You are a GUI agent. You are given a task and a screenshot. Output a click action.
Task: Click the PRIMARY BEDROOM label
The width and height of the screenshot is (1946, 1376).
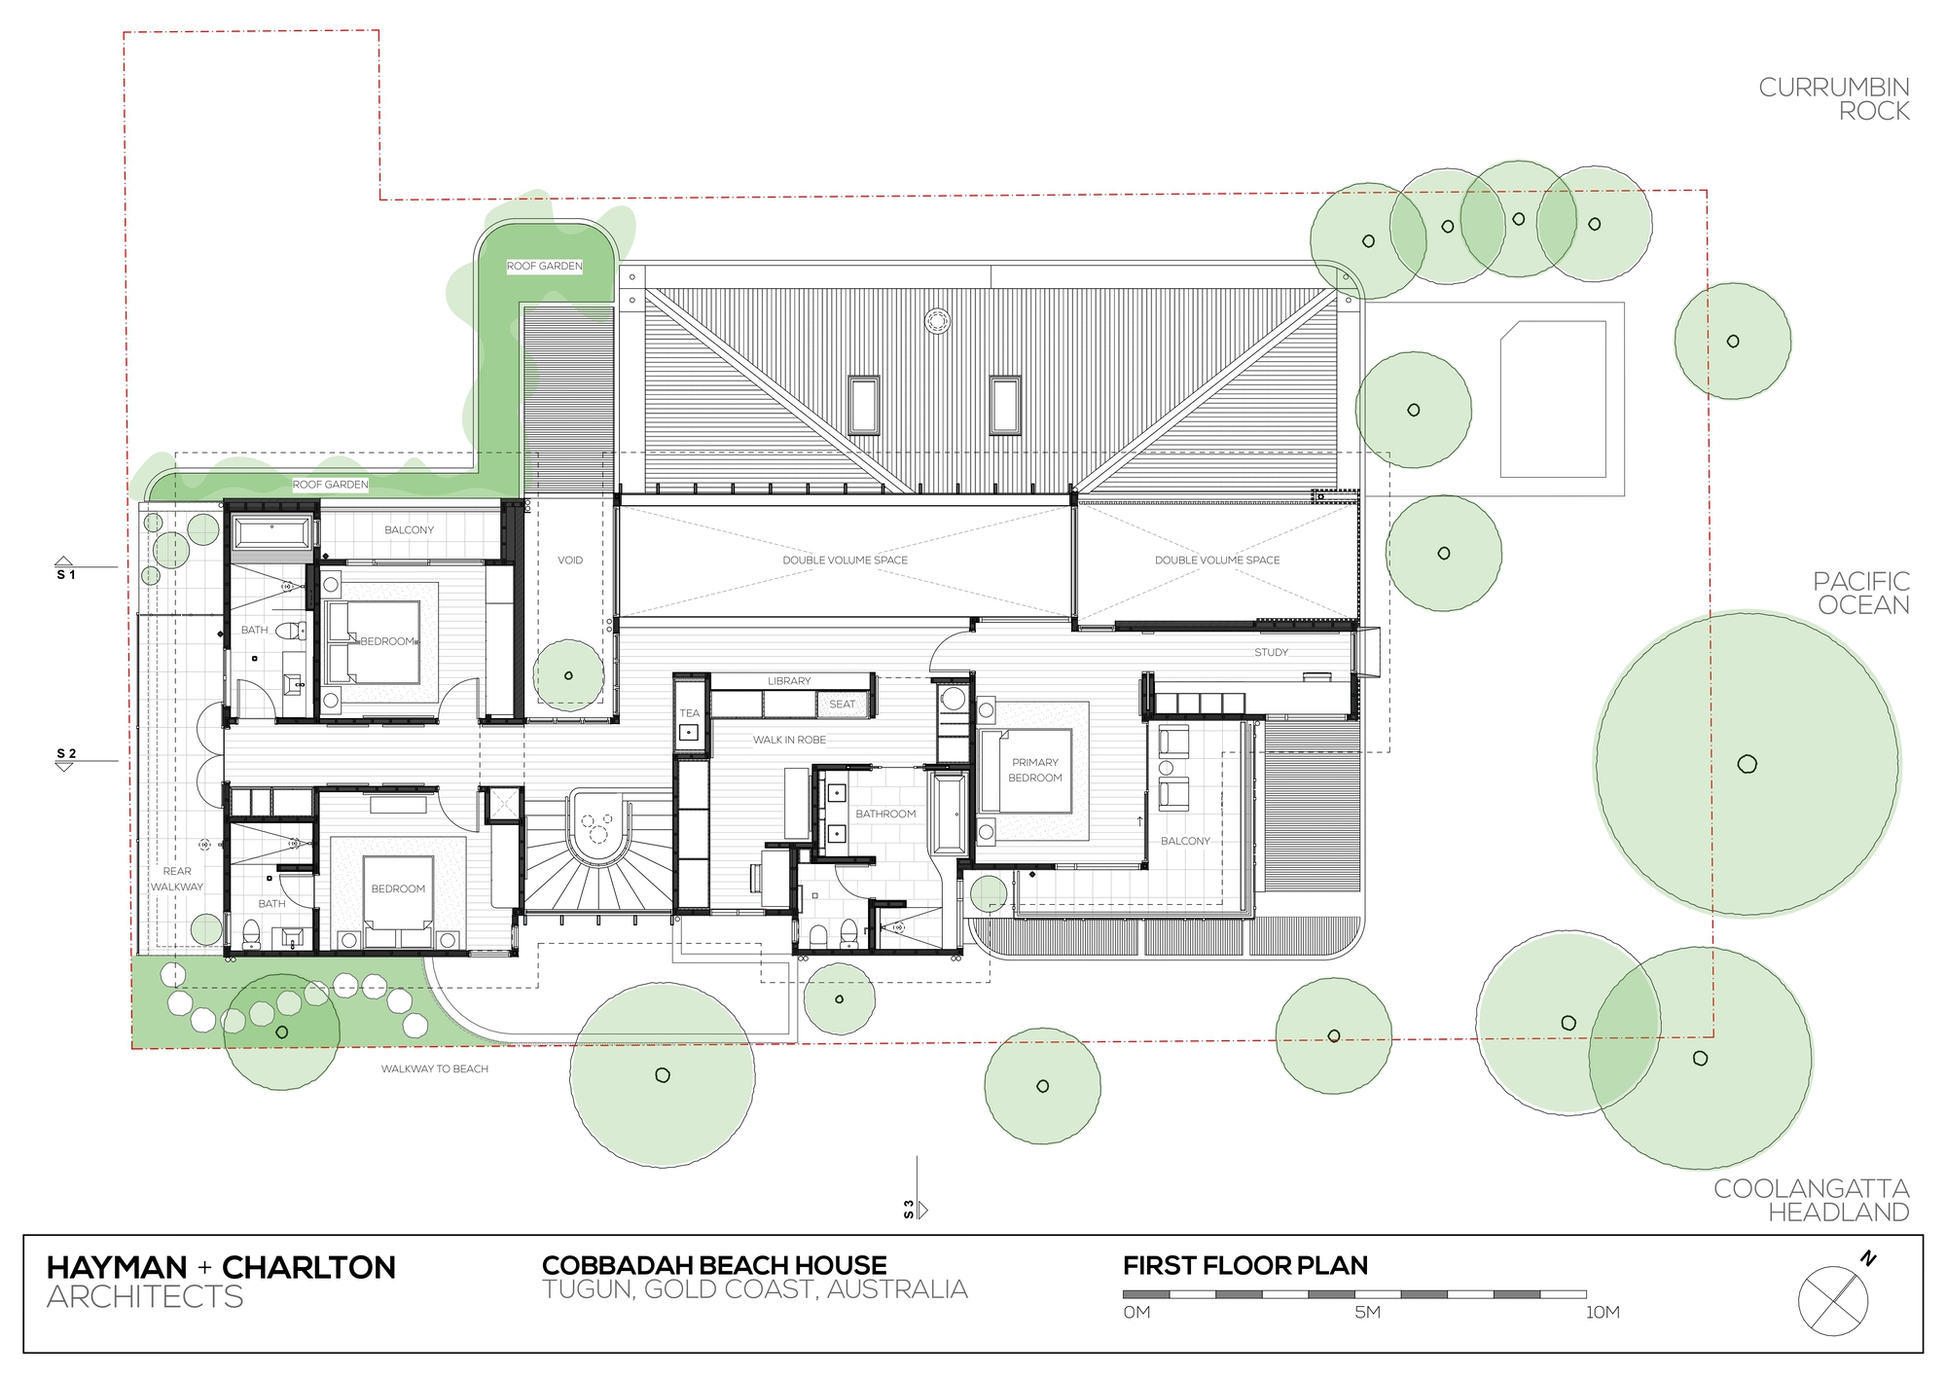pyautogui.click(x=1034, y=770)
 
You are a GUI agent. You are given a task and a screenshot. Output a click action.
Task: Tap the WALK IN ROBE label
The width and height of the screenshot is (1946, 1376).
pyautogui.click(x=789, y=740)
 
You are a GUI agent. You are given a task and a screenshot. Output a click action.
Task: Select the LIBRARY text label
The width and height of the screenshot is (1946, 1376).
pyautogui.click(x=788, y=681)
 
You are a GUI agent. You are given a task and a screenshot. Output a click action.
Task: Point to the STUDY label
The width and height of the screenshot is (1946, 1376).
pyautogui.click(x=1271, y=652)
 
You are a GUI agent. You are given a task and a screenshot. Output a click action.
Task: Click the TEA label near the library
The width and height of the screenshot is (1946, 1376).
pyautogui.click(x=689, y=713)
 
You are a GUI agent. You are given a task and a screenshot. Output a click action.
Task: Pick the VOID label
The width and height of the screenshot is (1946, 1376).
pyautogui.click(x=570, y=561)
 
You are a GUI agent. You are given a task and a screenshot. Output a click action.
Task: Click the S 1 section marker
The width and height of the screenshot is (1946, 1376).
pyautogui.click(x=65, y=570)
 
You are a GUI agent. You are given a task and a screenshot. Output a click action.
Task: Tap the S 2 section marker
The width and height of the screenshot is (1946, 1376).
pyautogui.click(x=65, y=758)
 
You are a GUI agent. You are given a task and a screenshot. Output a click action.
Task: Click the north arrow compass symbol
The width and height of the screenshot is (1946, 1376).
pyautogui.click(x=1834, y=1300)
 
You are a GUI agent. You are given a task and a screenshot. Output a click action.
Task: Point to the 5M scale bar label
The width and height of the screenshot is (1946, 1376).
pyautogui.click(x=1367, y=1312)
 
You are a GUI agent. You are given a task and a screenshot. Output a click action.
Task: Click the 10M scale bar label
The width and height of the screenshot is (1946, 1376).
pyautogui.click(x=1603, y=1312)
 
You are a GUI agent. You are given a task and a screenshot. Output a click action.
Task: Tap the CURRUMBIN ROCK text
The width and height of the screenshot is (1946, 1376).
pyautogui.click(x=1833, y=99)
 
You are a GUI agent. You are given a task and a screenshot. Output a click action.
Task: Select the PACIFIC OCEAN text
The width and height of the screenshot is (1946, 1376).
pyautogui.click(x=1859, y=593)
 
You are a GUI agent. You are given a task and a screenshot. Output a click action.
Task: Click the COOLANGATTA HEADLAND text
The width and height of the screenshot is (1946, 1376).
pyautogui.click(x=1811, y=1200)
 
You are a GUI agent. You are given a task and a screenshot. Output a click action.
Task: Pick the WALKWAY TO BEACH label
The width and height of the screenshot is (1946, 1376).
pyautogui.click(x=434, y=1068)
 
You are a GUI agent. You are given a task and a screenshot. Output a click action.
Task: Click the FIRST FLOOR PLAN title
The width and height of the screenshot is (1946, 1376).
pyautogui.click(x=1244, y=1265)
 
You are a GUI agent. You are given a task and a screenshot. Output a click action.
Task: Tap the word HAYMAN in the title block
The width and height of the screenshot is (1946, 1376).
pyautogui.click(x=117, y=1267)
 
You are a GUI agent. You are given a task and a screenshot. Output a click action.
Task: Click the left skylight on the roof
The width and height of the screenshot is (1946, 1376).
pyautogui.click(x=863, y=405)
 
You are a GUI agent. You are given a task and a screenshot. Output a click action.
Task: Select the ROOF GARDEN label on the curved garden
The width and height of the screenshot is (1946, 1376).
pyautogui.click(x=544, y=266)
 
